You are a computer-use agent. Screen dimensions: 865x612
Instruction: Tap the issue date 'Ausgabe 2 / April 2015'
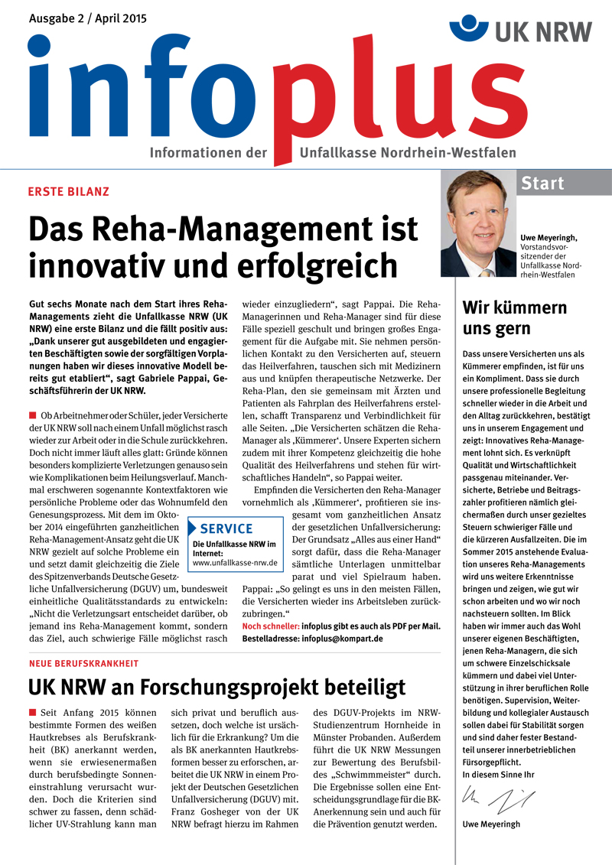tap(88, 18)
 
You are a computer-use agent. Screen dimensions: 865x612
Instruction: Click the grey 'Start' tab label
tap(542, 184)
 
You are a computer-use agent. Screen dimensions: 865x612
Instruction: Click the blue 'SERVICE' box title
tap(226, 528)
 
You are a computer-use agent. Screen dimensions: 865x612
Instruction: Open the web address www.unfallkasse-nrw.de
tap(235, 563)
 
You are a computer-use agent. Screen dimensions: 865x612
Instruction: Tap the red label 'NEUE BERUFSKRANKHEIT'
tap(84, 663)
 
